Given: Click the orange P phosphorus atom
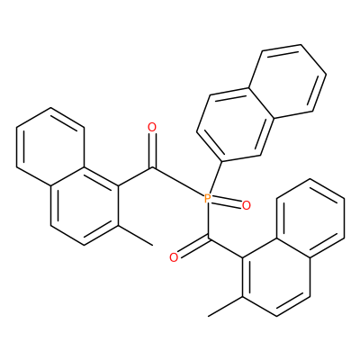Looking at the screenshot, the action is coord(208,199).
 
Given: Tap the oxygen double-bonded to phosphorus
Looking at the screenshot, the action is coord(246,205).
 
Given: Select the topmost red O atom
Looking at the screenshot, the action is coord(152,128).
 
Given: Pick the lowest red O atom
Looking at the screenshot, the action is coord(174,257).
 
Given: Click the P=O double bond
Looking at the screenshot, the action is coord(227,202).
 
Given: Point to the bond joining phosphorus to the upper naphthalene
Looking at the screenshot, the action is coord(215,178).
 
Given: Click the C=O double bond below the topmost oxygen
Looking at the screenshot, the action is coord(152,150).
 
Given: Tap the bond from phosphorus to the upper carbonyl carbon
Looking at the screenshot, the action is coord(178,182).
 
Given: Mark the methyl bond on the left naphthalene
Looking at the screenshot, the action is coord(135,236).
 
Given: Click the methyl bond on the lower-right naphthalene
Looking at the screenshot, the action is coord(225,306).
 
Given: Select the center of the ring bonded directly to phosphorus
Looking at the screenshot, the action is coord(236,125).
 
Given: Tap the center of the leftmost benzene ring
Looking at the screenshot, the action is coord(50,147).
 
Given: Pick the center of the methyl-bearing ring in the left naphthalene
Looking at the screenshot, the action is coord(85,205).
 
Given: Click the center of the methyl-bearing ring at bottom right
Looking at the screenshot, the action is coord(276,276).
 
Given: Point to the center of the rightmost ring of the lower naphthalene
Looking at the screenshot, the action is coord(310,218).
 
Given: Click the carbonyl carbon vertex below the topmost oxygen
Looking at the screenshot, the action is coord(152,167).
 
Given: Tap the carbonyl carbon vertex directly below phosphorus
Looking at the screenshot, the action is coord(208,239).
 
